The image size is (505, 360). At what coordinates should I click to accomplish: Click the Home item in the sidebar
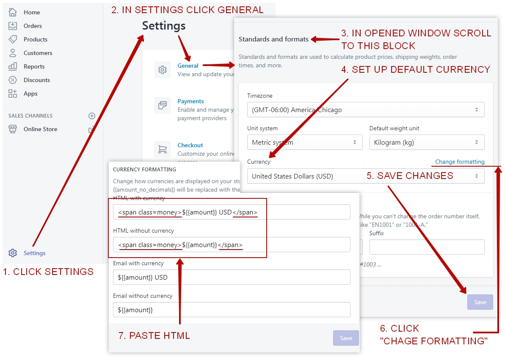tap(31, 12)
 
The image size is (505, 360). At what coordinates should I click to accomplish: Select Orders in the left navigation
tap(33, 26)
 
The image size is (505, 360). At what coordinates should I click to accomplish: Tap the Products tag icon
tap(13, 39)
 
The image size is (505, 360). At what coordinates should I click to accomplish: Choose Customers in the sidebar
tap(38, 53)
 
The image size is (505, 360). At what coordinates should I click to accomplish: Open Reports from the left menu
tap(34, 66)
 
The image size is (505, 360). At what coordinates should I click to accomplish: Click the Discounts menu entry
tap(36, 80)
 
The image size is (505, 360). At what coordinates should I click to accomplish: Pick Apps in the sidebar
tap(30, 93)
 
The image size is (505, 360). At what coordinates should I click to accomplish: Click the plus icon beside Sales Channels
tap(92, 116)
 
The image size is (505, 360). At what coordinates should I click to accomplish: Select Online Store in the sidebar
tap(40, 129)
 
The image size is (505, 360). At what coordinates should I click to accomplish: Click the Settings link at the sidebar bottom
tap(34, 253)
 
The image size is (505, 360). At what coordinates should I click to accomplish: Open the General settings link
tap(188, 66)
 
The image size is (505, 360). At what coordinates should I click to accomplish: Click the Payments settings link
tap(190, 101)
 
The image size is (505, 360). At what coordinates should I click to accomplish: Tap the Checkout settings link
tap(190, 145)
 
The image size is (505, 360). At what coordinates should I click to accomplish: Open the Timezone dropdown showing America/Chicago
tap(365, 110)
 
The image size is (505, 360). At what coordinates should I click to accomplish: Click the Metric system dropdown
tap(304, 142)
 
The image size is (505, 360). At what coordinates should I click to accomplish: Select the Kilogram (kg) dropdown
tap(426, 142)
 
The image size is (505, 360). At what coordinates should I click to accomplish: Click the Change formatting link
tap(460, 162)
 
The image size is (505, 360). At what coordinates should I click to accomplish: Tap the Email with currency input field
tap(231, 278)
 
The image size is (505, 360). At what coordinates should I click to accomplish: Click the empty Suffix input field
tap(426, 247)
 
